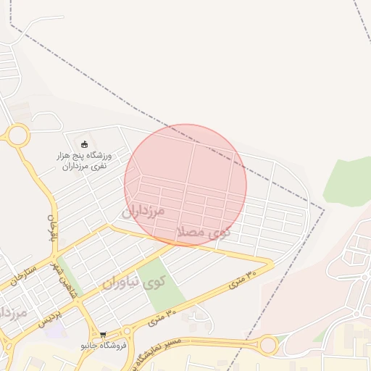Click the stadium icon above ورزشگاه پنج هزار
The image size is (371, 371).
[x=84, y=143]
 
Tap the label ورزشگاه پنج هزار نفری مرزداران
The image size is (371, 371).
[x=83, y=160]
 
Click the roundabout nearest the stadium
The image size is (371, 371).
[x=17, y=134]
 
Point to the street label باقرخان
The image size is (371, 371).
[x=51, y=228]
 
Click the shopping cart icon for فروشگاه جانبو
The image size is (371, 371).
[x=105, y=335]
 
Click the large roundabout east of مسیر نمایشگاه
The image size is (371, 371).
[x=268, y=345]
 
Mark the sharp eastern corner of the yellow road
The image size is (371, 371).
[x=272, y=263]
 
